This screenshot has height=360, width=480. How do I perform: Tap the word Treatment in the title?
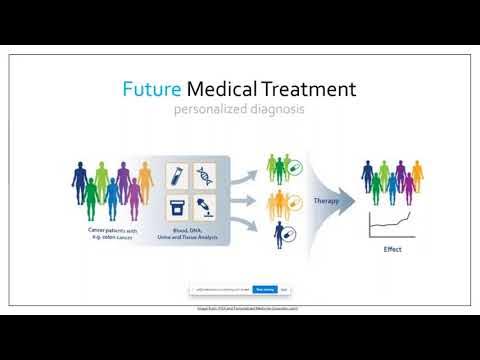[315, 89]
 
